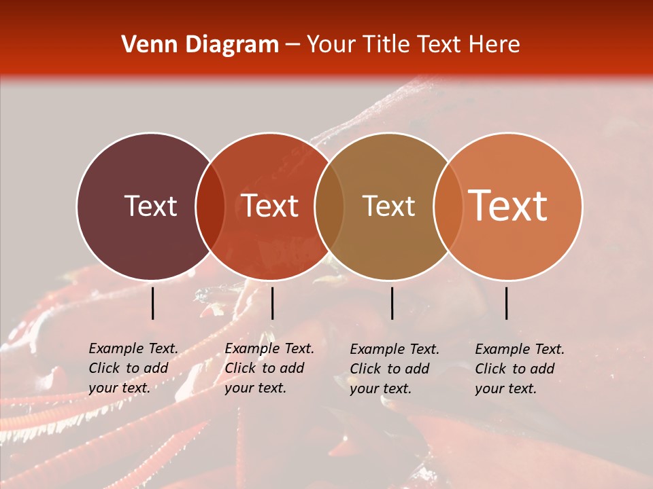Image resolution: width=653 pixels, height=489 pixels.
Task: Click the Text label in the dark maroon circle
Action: [150, 206]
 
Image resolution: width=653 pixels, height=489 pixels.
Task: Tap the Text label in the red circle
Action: [270, 206]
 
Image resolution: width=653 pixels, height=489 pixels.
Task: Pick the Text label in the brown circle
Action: [388, 206]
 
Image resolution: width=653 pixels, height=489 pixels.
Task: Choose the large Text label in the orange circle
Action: [508, 206]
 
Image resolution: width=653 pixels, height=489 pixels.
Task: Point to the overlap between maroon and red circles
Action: [210, 206]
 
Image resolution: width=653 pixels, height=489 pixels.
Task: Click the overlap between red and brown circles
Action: [329, 206]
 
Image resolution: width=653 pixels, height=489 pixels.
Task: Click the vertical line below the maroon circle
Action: [152, 303]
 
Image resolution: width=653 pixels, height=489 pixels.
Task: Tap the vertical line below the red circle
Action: [272, 303]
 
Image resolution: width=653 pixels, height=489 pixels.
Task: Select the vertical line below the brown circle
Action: [392, 303]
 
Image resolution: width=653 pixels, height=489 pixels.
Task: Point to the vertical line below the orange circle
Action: [507, 303]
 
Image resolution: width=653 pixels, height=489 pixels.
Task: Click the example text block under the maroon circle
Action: [133, 368]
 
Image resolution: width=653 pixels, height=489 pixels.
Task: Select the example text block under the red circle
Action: [269, 368]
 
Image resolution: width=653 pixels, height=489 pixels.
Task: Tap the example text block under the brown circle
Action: [395, 369]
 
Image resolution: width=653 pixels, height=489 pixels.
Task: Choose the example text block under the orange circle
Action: [520, 369]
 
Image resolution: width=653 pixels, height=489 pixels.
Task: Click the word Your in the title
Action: [332, 45]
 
